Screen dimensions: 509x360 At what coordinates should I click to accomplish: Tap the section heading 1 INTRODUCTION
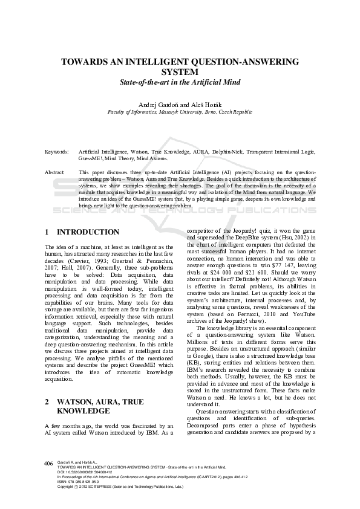[x=83, y=232]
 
